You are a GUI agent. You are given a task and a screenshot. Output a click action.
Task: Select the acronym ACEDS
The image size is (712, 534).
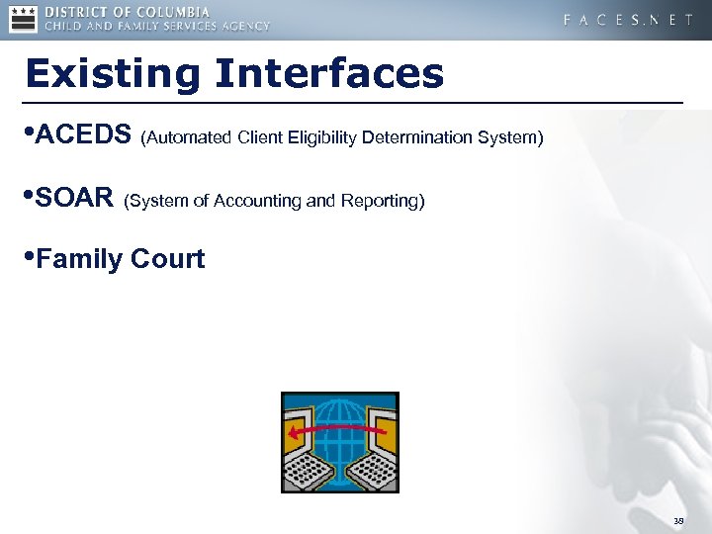pyautogui.click(x=83, y=134)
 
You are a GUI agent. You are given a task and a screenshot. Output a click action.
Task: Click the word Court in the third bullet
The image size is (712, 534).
pyautogui.click(x=171, y=260)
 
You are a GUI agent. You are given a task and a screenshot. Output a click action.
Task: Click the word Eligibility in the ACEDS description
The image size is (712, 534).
pyautogui.click(x=322, y=137)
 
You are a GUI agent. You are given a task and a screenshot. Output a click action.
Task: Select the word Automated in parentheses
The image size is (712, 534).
pyautogui.click(x=189, y=137)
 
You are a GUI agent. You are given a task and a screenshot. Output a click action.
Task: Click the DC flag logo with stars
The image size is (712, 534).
pyautogui.click(x=23, y=19)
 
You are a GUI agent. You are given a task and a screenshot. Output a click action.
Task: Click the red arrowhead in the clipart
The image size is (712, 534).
pyautogui.click(x=293, y=432)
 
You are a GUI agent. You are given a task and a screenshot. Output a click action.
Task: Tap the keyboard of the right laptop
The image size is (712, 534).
pyautogui.click(x=373, y=474)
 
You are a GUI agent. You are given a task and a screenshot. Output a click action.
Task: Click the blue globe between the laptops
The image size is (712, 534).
pyautogui.click(x=339, y=420)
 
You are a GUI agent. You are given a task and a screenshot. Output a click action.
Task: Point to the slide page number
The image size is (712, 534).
pyautogui.click(x=678, y=520)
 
